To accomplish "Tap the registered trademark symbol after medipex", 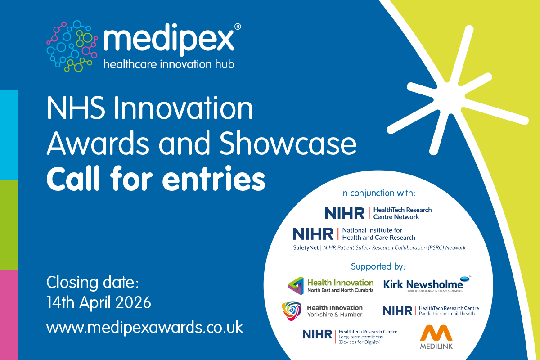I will tap(238, 27).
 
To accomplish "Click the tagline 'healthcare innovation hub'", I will tap(169, 64).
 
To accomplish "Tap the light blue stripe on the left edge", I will tap(9, 135).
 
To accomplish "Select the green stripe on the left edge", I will tap(9, 225).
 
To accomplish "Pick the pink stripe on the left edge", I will tap(9, 315).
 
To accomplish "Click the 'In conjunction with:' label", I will tap(378, 193).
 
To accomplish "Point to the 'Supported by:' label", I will tap(378, 266).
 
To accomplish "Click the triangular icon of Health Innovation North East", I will tap(296, 285).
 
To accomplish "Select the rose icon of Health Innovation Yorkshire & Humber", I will tap(292, 311).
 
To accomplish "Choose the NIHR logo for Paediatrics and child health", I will tap(431, 310).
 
